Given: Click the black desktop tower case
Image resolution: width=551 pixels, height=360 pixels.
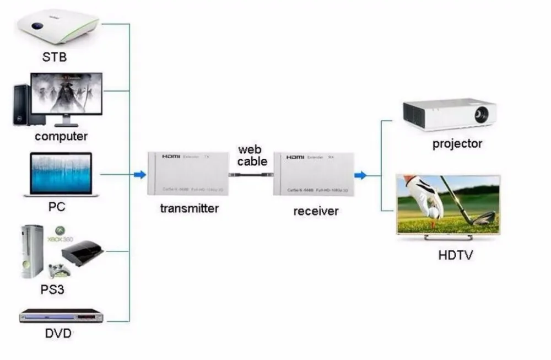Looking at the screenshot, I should pyautogui.click(x=21, y=104).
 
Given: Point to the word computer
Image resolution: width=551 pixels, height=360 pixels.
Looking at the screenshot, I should pyautogui.click(x=61, y=136).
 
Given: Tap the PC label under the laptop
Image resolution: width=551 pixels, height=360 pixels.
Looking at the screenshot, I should pyautogui.click(x=56, y=207).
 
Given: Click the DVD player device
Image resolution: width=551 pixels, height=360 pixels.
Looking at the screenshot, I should pyautogui.click(x=62, y=316).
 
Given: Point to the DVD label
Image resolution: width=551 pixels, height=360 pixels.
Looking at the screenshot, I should pyautogui.click(x=58, y=334).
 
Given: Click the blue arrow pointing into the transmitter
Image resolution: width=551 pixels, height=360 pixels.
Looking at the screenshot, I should pyautogui.click(x=140, y=175).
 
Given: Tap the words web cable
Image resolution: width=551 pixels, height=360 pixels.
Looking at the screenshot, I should pyautogui.click(x=252, y=155).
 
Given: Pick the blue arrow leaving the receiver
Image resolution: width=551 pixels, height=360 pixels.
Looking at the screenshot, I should pyautogui.click(x=360, y=176).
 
